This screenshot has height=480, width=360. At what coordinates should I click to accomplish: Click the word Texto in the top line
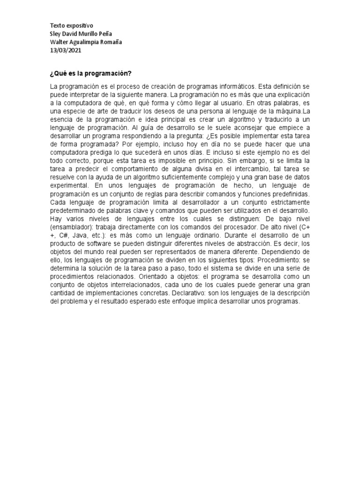click(x=58, y=26)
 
